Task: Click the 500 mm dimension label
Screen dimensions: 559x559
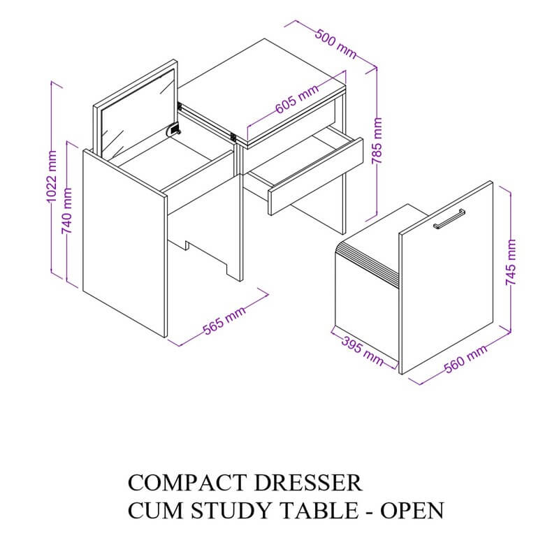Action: pyautogui.click(x=335, y=44)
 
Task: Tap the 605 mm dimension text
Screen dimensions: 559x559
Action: pyautogui.click(x=297, y=99)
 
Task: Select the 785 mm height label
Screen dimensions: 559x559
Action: pyautogui.click(x=377, y=141)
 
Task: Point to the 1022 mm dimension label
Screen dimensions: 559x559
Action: pyautogui.click(x=52, y=176)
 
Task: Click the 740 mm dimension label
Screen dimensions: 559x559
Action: pyautogui.click(x=66, y=211)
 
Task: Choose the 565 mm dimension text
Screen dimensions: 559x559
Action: pyautogui.click(x=224, y=320)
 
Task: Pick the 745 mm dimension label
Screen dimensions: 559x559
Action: pyautogui.click(x=511, y=262)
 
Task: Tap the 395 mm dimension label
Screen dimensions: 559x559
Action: pyautogui.click(x=362, y=351)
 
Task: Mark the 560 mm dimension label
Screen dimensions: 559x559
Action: pyautogui.click(x=465, y=359)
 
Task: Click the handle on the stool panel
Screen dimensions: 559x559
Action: pyautogui.click(x=449, y=219)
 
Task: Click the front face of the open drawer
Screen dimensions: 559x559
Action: pyautogui.click(x=316, y=177)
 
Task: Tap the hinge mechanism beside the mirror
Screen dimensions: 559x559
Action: pyautogui.click(x=173, y=129)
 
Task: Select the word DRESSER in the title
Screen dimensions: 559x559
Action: pyautogui.click(x=308, y=483)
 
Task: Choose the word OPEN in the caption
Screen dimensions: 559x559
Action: pyautogui.click(x=412, y=511)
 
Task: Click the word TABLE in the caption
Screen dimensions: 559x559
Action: pyautogui.click(x=320, y=511)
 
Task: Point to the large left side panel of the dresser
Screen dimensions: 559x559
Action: pyautogui.click(x=125, y=243)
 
